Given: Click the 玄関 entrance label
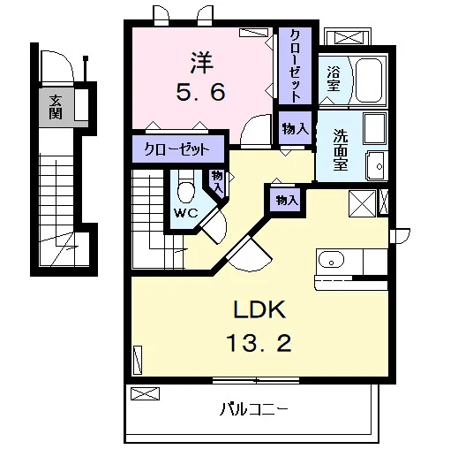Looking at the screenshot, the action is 56,107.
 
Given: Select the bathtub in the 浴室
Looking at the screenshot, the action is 369,80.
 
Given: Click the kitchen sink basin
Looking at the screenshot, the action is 331,259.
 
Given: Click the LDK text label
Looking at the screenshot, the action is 259,309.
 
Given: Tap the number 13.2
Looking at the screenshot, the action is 259,343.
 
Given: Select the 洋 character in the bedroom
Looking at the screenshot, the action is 202,63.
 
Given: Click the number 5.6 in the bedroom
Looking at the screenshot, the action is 201,92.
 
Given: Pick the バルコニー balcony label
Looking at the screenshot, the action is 253,409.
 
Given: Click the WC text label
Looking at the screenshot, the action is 185,213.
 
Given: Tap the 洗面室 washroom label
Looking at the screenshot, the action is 341,150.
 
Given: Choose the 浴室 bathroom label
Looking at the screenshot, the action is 334,79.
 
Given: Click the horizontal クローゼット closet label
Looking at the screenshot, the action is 176,149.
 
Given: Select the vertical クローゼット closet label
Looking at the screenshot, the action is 295,65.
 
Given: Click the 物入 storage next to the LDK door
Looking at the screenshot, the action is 287,201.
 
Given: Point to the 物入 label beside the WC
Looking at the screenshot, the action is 217,182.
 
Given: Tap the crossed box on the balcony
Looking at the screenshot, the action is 145,394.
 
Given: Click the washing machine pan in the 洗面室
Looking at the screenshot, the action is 374,128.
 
